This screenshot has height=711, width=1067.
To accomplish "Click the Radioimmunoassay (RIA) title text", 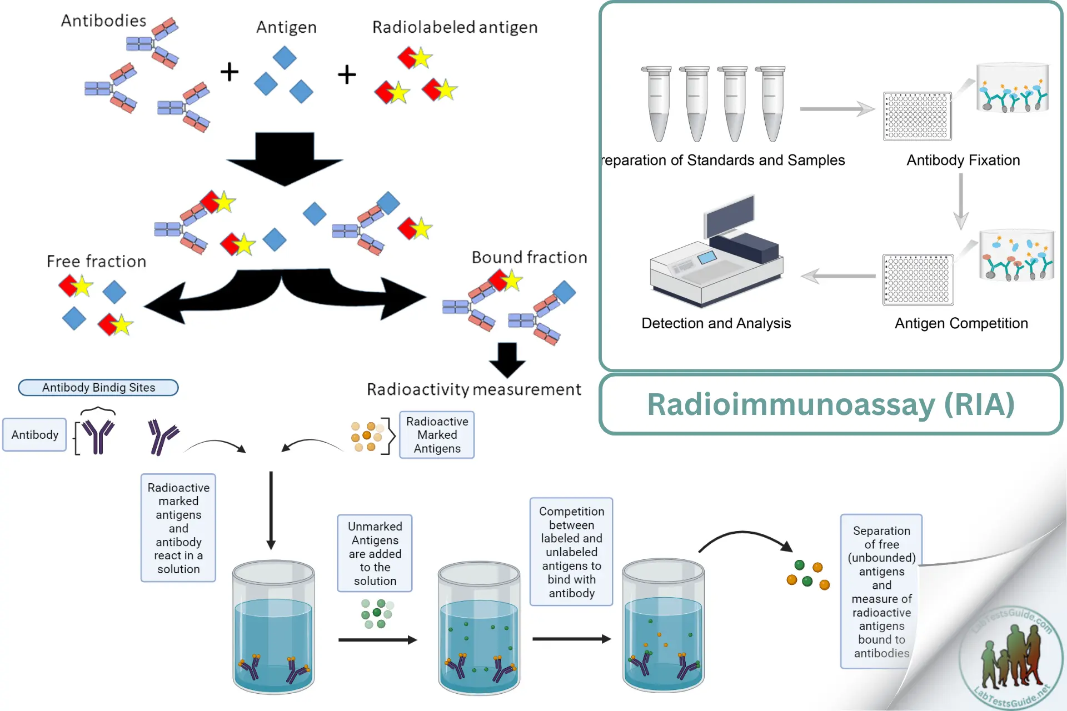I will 831,404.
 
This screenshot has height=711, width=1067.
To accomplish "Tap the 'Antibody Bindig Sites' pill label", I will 98,387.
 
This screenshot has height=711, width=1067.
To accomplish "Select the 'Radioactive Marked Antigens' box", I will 437,435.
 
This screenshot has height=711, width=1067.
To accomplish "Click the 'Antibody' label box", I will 34,434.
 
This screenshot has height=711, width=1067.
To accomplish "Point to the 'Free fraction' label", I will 96,261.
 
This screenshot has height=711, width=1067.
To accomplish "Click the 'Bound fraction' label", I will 529,257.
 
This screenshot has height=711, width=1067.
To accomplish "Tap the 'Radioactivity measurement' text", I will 473,389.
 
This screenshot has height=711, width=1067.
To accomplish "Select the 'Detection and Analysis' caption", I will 716,323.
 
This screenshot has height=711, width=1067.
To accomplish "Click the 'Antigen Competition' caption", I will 961,323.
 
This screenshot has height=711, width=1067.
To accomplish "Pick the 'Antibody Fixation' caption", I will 963,160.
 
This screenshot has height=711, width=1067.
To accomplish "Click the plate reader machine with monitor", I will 717,253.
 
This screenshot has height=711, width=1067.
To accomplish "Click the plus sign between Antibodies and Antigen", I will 229,72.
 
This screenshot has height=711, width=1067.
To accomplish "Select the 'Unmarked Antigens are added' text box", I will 375,553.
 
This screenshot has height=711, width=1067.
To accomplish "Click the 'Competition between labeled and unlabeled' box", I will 571,552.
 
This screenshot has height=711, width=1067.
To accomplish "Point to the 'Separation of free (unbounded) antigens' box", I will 881,592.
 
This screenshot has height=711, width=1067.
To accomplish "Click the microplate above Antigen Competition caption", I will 918,280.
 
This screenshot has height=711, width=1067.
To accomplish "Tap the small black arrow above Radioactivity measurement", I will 507,360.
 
